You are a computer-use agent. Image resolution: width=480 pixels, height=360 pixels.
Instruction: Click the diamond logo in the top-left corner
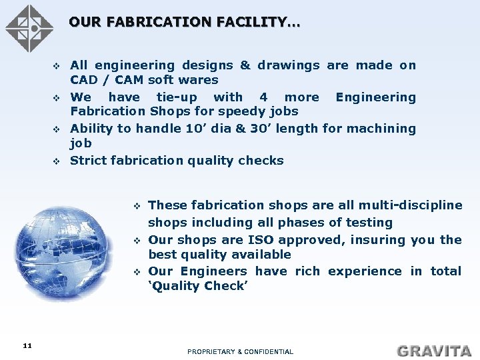tap(29, 28)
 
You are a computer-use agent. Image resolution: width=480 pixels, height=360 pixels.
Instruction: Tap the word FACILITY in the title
tap(257, 23)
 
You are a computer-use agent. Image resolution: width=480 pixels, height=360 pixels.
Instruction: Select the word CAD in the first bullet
tap(83, 80)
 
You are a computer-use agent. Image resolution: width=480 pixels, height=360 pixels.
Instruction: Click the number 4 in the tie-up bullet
tap(263, 97)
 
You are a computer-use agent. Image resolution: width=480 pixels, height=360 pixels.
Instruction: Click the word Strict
tap(89, 161)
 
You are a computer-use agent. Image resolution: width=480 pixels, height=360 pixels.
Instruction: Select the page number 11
tap(27, 345)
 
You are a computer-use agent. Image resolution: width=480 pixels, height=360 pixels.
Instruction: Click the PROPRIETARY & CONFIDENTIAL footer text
tap(240, 351)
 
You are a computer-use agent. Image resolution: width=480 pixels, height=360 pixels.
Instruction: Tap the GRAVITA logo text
tap(434, 350)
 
